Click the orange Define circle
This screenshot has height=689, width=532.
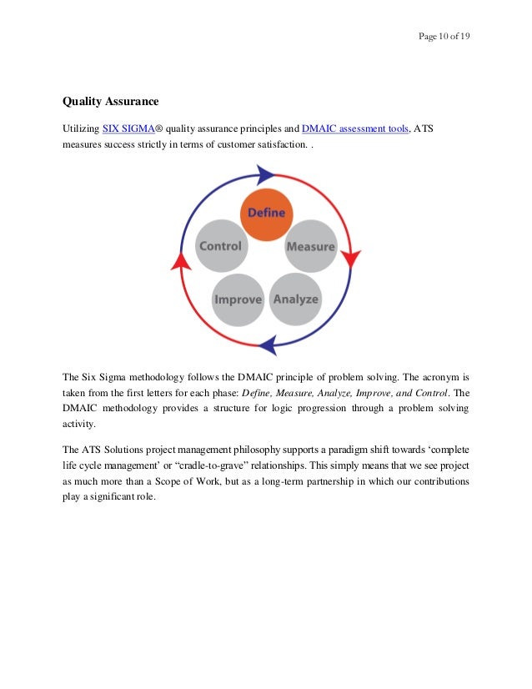[x=267, y=214]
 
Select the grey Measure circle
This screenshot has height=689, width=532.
[x=310, y=246]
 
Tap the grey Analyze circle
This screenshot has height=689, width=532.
[x=295, y=299]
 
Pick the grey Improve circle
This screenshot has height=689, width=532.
[x=238, y=299]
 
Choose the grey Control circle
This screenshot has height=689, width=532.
[x=221, y=246]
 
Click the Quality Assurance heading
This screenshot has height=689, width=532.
[x=110, y=102]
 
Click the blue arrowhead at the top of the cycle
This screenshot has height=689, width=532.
[x=266, y=174]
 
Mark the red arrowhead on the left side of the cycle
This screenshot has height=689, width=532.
[x=178, y=260]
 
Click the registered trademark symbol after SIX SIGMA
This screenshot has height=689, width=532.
[x=164, y=128]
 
